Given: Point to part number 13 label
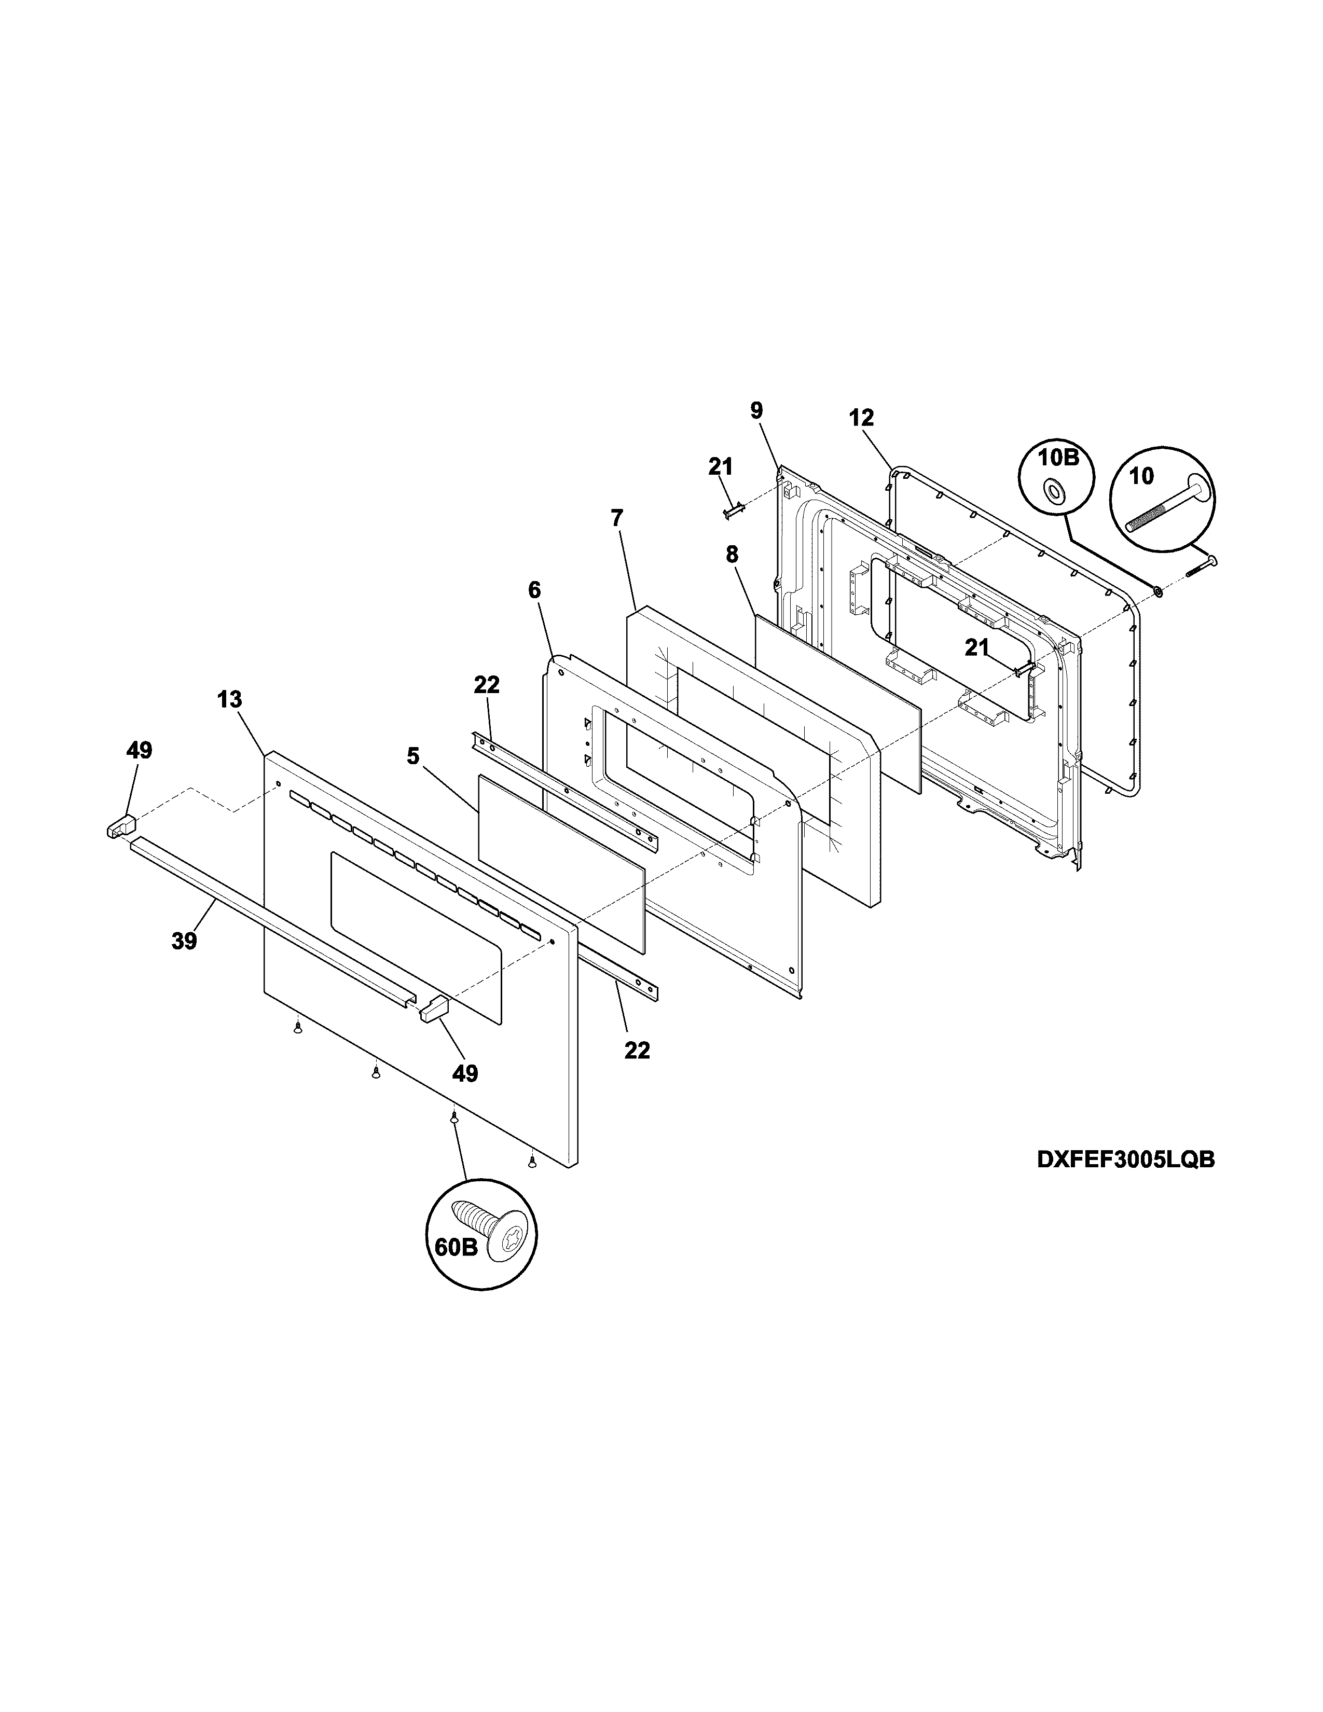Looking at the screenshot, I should [x=230, y=700].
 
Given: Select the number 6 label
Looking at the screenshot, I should [x=534, y=590].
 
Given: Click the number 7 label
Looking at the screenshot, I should [x=617, y=518].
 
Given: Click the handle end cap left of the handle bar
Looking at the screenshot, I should [x=119, y=826].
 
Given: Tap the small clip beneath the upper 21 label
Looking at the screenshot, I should [x=732, y=511].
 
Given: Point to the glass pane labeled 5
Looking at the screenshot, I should [x=560, y=862].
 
